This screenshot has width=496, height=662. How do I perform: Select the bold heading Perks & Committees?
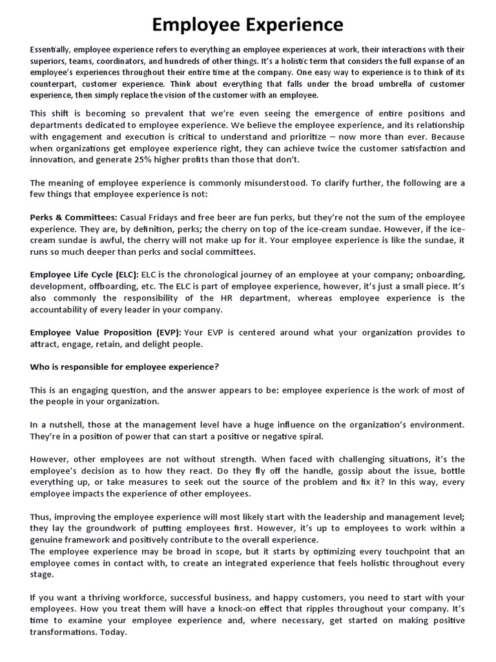(74, 217)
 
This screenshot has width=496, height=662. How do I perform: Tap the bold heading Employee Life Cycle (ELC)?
(85, 275)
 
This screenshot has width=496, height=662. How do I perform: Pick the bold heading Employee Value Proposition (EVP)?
(106, 332)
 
